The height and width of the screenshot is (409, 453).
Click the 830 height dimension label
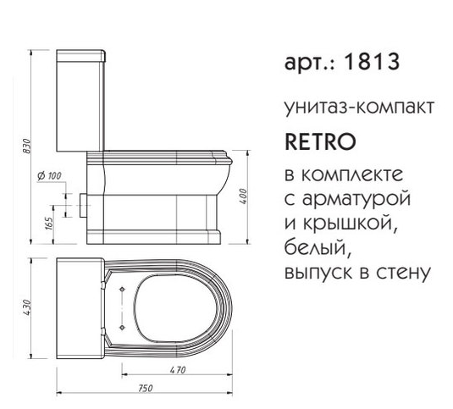[26, 146]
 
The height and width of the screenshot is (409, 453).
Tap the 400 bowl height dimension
[244, 196]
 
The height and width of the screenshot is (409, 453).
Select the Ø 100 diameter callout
[49, 175]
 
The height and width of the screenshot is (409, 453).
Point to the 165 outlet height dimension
[49, 224]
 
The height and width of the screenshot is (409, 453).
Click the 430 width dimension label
[26, 307]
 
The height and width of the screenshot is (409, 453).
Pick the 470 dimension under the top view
[178, 370]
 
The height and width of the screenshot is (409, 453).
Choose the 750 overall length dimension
[145, 388]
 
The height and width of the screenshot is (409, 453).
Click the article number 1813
[372, 62]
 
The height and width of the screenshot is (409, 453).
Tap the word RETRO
[320, 141]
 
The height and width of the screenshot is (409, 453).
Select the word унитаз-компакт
[359, 107]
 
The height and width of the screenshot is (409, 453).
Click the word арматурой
[356, 199]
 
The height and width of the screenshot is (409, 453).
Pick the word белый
[318, 247]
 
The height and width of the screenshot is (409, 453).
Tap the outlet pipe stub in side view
[82, 205]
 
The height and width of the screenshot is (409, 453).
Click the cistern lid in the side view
[81, 56]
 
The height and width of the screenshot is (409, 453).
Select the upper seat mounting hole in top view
[122, 289]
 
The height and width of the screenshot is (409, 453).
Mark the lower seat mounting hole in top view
[122, 327]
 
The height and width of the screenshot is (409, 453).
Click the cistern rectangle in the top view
[80, 308]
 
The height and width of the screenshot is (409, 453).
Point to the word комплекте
[352, 174]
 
